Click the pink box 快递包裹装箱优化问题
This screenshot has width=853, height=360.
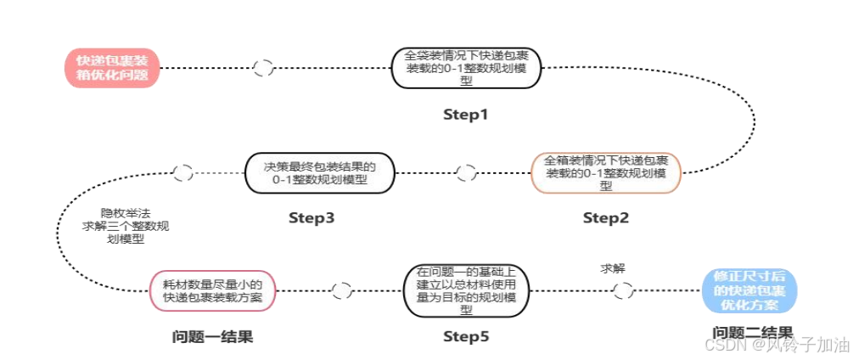[112, 68]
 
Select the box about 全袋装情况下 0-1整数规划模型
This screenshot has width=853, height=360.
[465, 68]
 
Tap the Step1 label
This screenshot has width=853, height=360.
[465, 114]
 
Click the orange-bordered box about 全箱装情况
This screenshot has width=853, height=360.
[606, 172]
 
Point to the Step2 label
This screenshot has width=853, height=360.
[606, 218]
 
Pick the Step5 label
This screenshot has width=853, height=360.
[466, 337]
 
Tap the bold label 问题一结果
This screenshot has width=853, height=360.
[212, 337]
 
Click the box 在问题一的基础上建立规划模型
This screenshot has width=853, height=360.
[468, 290]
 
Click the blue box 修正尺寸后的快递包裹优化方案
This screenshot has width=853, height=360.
[751, 290]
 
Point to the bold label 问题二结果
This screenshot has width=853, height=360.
[752, 333]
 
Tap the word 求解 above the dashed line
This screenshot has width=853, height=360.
[613, 268]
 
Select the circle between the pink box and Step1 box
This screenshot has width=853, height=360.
[263, 68]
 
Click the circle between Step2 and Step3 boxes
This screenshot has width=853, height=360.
[466, 173]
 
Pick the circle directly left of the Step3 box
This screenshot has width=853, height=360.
[182, 173]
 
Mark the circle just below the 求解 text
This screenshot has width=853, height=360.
[623, 291]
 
